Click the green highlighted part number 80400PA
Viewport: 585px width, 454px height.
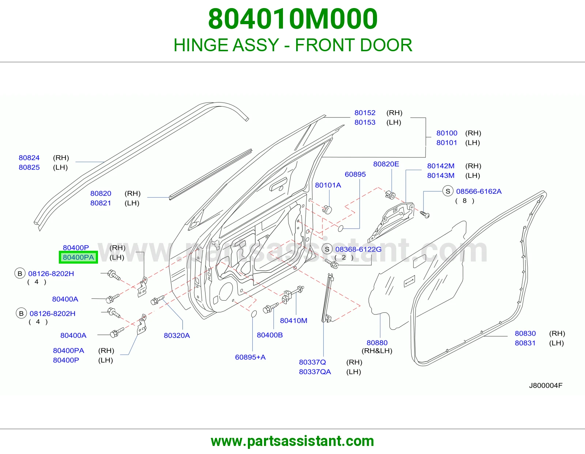click(x=78, y=257)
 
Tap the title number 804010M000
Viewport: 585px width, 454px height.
click(x=293, y=19)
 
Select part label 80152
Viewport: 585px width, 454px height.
click(x=365, y=113)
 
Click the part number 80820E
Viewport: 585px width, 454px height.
click(x=386, y=164)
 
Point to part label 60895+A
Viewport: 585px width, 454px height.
click(x=250, y=357)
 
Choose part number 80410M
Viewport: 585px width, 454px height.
click(x=294, y=321)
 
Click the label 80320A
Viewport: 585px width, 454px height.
click(x=177, y=335)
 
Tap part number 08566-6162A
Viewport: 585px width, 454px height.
click(x=479, y=191)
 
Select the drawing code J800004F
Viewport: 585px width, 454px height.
click(x=546, y=386)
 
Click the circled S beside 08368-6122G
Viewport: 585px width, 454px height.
click(x=327, y=249)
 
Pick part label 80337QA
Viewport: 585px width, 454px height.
click(x=315, y=372)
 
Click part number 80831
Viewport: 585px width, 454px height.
click(x=525, y=343)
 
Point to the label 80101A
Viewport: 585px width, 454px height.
click(x=328, y=185)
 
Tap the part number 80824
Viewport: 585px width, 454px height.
click(x=29, y=158)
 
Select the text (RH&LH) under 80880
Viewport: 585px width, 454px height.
click(x=377, y=351)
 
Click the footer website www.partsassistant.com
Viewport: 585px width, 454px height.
click(x=292, y=441)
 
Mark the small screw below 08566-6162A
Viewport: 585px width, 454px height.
click(x=424, y=215)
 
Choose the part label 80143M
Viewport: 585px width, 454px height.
click(x=441, y=175)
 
